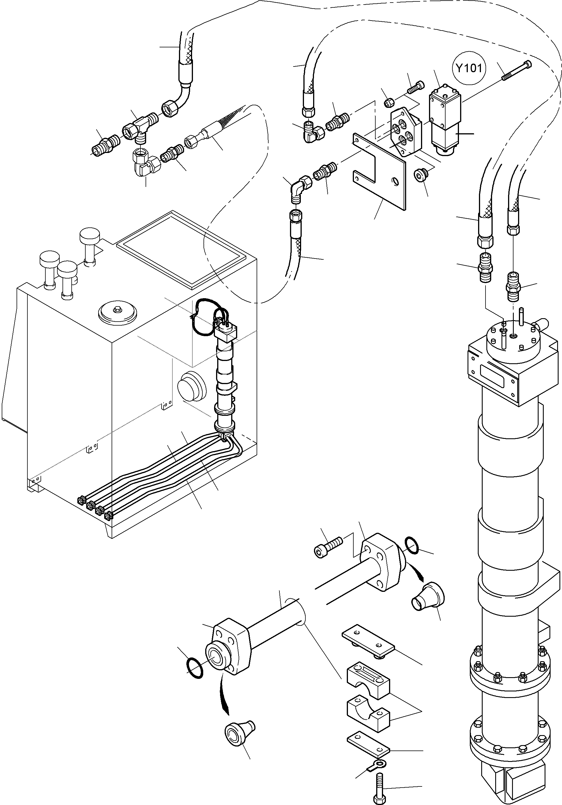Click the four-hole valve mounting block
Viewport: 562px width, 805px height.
point(406,132)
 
